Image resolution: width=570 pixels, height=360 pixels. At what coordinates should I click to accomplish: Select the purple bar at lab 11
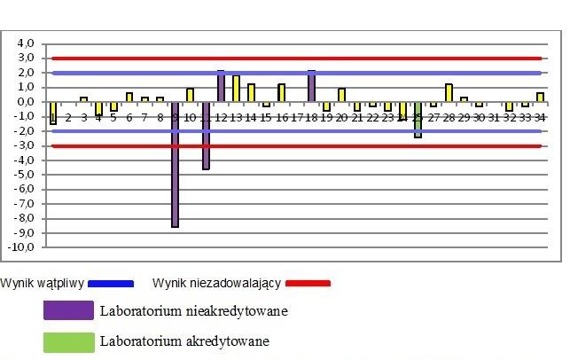(x=206, y=135)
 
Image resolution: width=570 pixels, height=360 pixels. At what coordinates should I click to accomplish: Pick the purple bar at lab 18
(x=312, y=86)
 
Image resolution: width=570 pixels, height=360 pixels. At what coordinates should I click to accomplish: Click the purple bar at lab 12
(x=221, y=86)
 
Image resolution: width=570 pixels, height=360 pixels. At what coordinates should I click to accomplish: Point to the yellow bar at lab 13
(x=236, y=89)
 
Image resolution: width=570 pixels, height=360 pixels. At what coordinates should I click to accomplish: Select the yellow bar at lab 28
(x=449, y=92)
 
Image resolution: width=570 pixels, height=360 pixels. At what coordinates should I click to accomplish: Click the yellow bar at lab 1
(x=53, y=112)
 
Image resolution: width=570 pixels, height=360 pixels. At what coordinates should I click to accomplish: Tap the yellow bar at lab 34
(x=540, y=97)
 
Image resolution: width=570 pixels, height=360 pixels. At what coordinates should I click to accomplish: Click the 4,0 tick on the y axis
(x=26, y=43)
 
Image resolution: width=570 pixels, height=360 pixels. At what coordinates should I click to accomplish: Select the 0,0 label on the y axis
(x=26, y=102)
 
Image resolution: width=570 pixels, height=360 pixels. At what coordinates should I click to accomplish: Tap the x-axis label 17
(x=297, y=116)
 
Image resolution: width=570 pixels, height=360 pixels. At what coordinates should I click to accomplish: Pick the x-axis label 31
(x=494, y=116)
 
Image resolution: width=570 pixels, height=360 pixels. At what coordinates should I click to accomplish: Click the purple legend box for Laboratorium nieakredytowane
(x=68, y=310)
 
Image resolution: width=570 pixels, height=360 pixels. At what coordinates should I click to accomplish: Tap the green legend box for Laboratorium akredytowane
(x=68, y=341)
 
